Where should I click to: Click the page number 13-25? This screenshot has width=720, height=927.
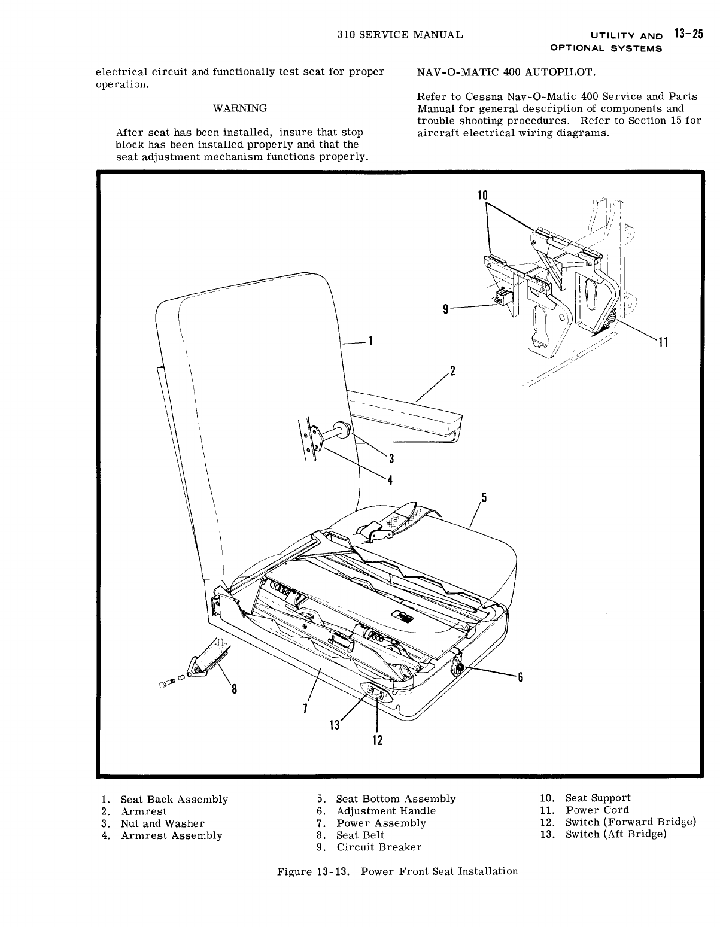(688, 34)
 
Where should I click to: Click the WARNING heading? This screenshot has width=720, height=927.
(240, 108)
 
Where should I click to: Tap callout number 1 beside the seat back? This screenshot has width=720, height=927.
(371, 342)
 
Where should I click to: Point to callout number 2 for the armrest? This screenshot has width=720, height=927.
(453, 371)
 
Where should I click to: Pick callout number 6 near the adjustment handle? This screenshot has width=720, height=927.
(520, 677)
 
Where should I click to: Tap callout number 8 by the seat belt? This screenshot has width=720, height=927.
(234, 689)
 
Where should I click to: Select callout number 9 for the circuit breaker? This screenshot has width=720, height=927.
(445, 309)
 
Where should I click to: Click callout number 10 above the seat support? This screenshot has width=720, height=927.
(483, 195)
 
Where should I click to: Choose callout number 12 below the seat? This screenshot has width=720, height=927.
(376, 740)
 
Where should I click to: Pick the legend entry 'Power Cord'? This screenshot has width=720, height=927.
(597, 810)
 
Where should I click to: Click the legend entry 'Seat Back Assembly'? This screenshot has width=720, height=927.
(174, 800)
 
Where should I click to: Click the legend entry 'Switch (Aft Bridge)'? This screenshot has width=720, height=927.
(615, 834)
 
